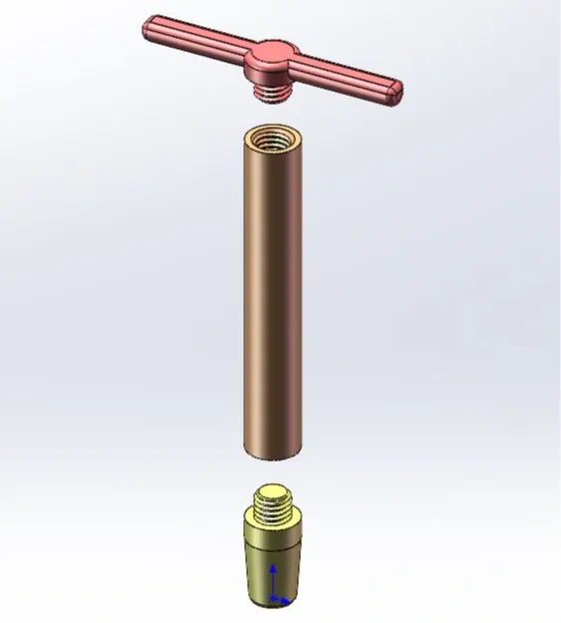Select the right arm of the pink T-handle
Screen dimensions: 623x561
click(344, 76)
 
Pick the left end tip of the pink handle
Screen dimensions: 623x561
click(149, 27)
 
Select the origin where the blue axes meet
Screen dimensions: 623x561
click(274, 599)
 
